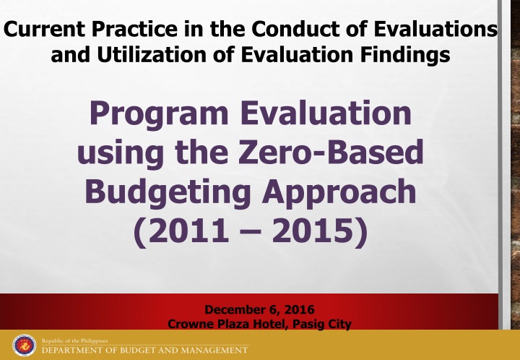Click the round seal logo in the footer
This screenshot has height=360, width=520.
25,345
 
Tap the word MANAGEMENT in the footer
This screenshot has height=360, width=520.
212,351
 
